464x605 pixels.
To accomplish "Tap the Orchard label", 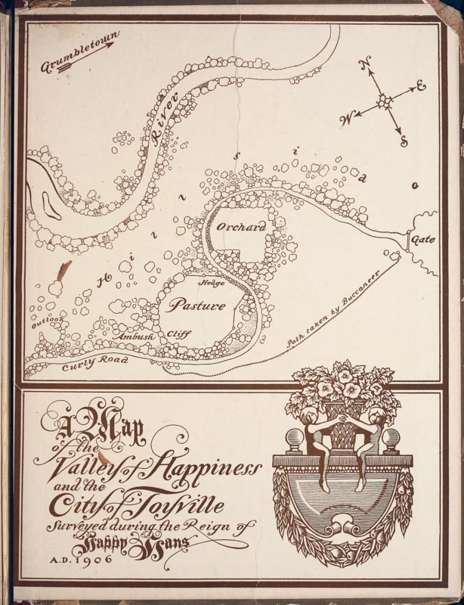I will [x=239, y=226].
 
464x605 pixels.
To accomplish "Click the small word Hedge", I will [x=209, y=283].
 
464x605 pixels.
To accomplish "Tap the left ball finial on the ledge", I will [x=293, y=440].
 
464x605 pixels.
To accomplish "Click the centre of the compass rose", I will [x=384, y=101].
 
